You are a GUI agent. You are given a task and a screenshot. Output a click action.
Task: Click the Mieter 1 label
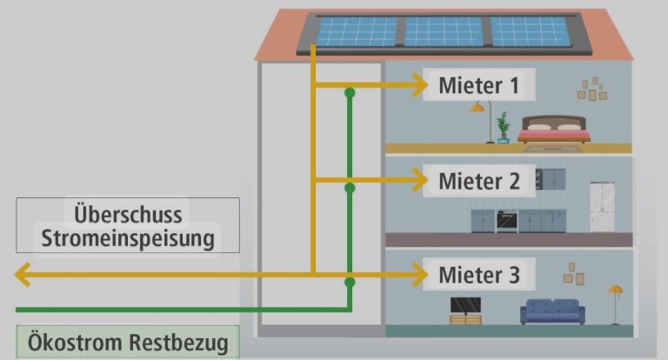point(478,85)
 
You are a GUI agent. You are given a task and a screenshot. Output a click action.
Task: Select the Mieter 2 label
point(478,181)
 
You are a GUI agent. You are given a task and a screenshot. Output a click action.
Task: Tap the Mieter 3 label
point(478,276)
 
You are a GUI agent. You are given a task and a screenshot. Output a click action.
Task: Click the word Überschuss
point(128,214)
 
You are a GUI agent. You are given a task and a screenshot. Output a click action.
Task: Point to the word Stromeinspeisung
point(128,238)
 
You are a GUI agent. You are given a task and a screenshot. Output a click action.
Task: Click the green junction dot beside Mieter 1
point(350,92)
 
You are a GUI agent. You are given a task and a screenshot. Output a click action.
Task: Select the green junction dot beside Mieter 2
point(350,188)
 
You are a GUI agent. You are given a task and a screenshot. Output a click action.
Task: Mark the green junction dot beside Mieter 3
point(350,283)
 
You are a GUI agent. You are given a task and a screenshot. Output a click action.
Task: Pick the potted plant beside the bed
point(502,127)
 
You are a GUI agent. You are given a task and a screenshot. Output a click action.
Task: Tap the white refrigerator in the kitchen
point(602,206)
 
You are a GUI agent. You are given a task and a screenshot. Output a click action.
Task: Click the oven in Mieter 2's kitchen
point(506,221)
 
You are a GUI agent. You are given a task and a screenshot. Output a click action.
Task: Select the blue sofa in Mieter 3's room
point(551,311)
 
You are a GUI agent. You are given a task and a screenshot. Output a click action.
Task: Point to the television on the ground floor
point(464,305)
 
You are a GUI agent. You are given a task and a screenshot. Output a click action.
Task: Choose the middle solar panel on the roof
point(443,32)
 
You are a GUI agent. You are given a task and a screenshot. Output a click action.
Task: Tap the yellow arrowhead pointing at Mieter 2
point(420,180)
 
